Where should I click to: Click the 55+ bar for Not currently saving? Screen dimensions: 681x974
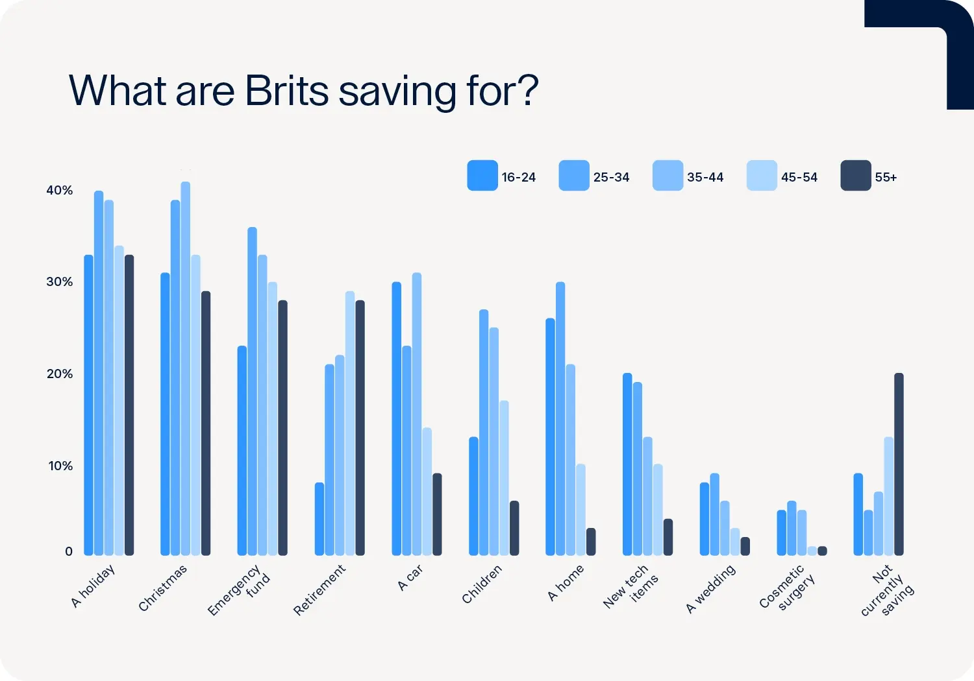[x=899, y=464]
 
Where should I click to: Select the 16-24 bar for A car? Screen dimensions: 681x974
[x=396, y=419]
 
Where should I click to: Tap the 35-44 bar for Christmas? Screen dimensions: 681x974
[x=186, y=368]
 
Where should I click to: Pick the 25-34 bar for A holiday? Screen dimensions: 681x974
[x=99, y=373]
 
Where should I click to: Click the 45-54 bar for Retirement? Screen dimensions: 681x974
[x=350, y=424]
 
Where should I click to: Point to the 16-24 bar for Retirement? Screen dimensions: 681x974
[x=319, y=519]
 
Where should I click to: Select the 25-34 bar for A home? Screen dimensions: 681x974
[x=560, y=419]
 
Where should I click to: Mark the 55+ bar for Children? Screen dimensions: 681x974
[x=514, y=528]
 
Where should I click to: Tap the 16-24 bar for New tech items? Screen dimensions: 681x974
[x=627, y=464]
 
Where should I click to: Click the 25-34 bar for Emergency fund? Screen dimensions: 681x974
[x=252, y=391]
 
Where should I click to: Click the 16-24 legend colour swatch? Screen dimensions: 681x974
[x=482, y=176]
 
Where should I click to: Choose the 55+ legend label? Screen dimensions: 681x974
[x=886, y=177]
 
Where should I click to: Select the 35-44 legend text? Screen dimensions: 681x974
[x=705, y=177]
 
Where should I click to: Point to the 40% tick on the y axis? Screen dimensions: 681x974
[x=59, y=190]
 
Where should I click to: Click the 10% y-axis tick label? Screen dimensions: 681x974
[x=60, y=466]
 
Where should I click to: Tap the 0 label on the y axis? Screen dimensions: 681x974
[x=69, y=551]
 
